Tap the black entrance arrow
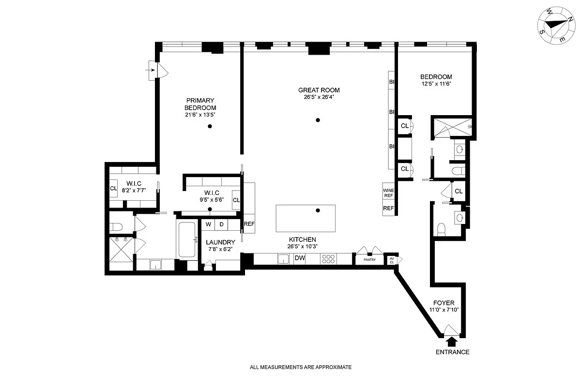tap(451, 342)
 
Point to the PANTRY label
tap(369, 260)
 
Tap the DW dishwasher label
tap(300, 258)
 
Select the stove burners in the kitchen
tap(328, 259)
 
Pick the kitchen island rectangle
tap(306, 218)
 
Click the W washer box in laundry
tap(209, 224)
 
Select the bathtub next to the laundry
tap(187, 240)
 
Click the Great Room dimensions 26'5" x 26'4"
tap(319, 97)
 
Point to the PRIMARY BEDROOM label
tap(200, 104)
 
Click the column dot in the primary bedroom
tap(210, 126)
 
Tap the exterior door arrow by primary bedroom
tap(152, 71)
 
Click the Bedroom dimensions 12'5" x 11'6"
tap(436, 84)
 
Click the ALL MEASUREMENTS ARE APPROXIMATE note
tap(301, 367)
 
